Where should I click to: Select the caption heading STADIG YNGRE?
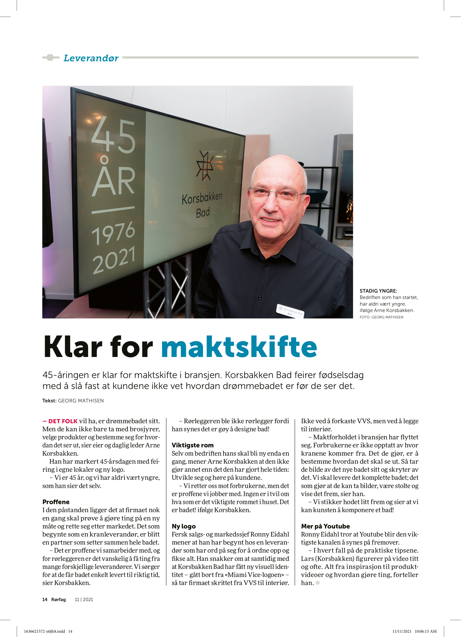378,291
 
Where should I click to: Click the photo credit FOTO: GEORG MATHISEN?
381,317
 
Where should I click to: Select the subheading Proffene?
56,502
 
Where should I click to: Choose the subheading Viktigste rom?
193,445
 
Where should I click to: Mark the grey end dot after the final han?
318,583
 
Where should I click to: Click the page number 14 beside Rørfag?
45,600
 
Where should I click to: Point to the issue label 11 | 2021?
84,600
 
